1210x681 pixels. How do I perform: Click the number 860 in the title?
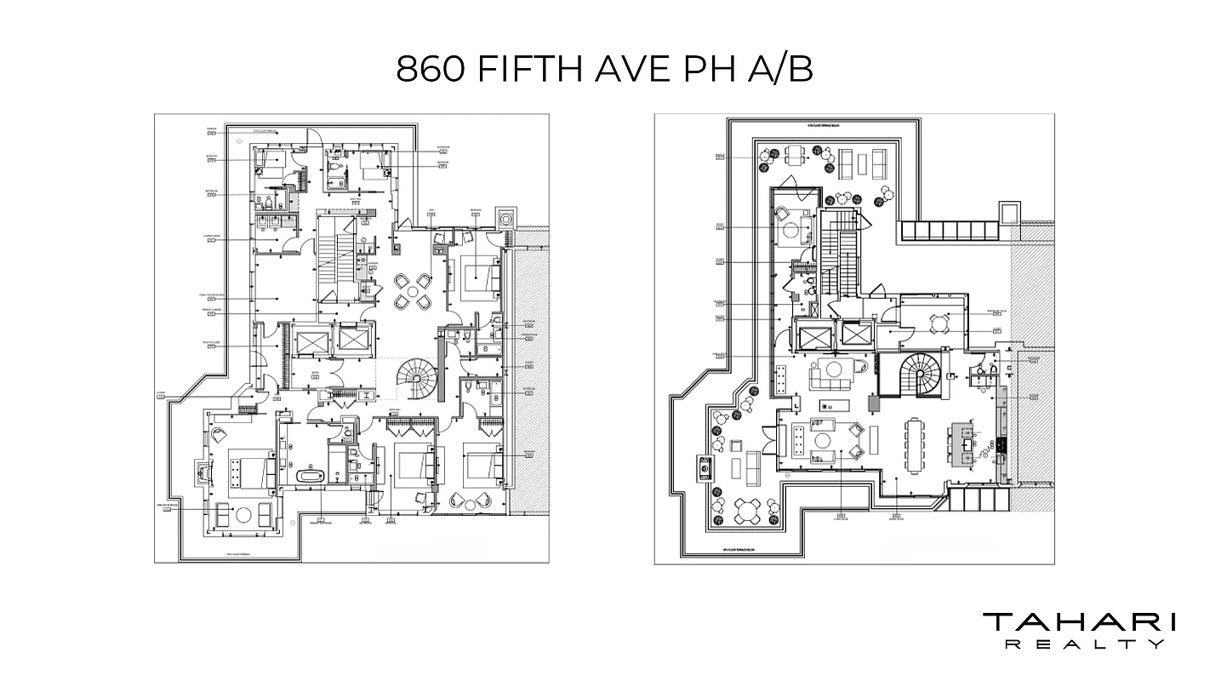coord(431,69)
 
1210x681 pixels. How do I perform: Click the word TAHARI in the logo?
coord(1079,622)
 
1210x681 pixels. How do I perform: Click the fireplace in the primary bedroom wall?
coord(203,472)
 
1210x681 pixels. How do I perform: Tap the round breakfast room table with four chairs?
coord(939,323)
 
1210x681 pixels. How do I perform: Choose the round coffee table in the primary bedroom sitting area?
coord(243,513)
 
